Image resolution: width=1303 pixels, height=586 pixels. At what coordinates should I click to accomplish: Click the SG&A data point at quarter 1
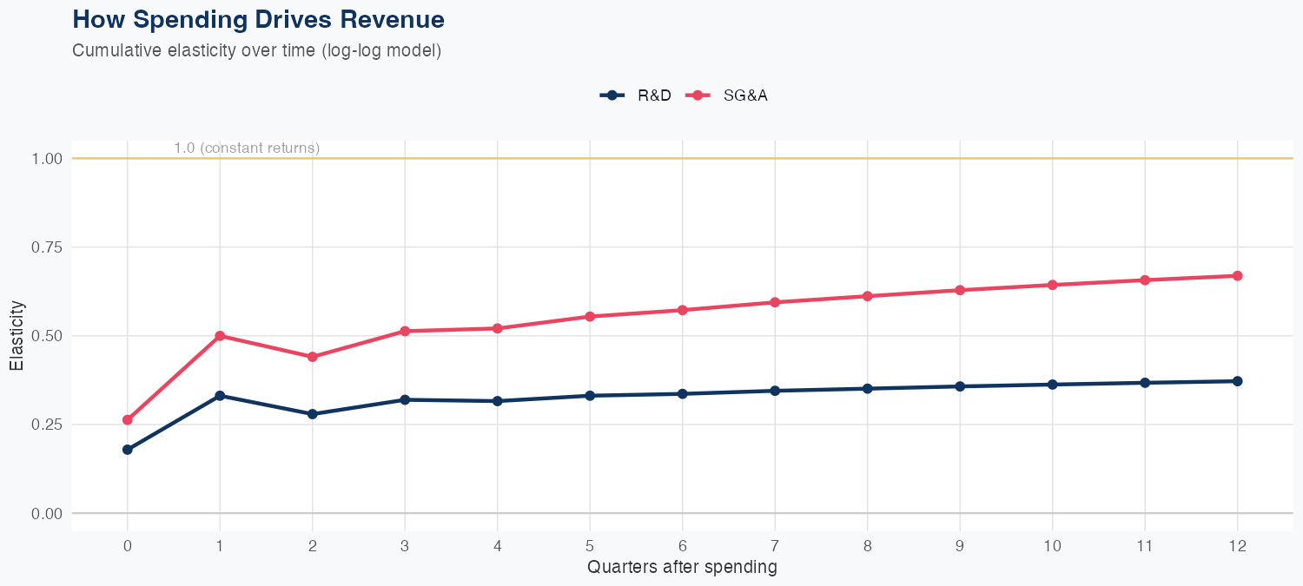(220, 336)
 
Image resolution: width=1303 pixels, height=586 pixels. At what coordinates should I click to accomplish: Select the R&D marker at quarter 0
(128, 450)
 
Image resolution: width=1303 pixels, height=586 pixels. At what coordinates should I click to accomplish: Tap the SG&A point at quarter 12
(1237, 276)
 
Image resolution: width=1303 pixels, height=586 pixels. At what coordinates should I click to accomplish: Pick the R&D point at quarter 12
(1237, 381)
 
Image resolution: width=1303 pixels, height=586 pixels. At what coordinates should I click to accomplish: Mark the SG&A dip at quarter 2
(312, 357)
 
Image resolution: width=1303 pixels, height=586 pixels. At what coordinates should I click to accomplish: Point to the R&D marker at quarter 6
(682, 394)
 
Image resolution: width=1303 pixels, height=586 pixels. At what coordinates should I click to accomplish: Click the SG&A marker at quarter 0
(128, 420)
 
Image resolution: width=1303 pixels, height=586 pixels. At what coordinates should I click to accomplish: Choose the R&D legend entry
(637, 95)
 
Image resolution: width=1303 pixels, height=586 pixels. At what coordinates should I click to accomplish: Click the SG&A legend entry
(728, 95)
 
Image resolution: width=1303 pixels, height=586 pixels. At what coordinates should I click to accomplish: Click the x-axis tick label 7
(774, 546)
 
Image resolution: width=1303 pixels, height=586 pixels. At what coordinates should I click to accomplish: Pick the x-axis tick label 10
(1052, 546)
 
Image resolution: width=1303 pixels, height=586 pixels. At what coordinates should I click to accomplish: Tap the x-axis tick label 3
(404, 546)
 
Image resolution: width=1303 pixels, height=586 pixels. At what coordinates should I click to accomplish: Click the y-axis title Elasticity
(17, 336)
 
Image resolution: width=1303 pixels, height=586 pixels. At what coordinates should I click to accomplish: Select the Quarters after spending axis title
(682, 568)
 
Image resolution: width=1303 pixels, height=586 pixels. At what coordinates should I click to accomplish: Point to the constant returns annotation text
(247, 148)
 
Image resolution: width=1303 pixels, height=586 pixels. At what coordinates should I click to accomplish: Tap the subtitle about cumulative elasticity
(257, 50)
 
